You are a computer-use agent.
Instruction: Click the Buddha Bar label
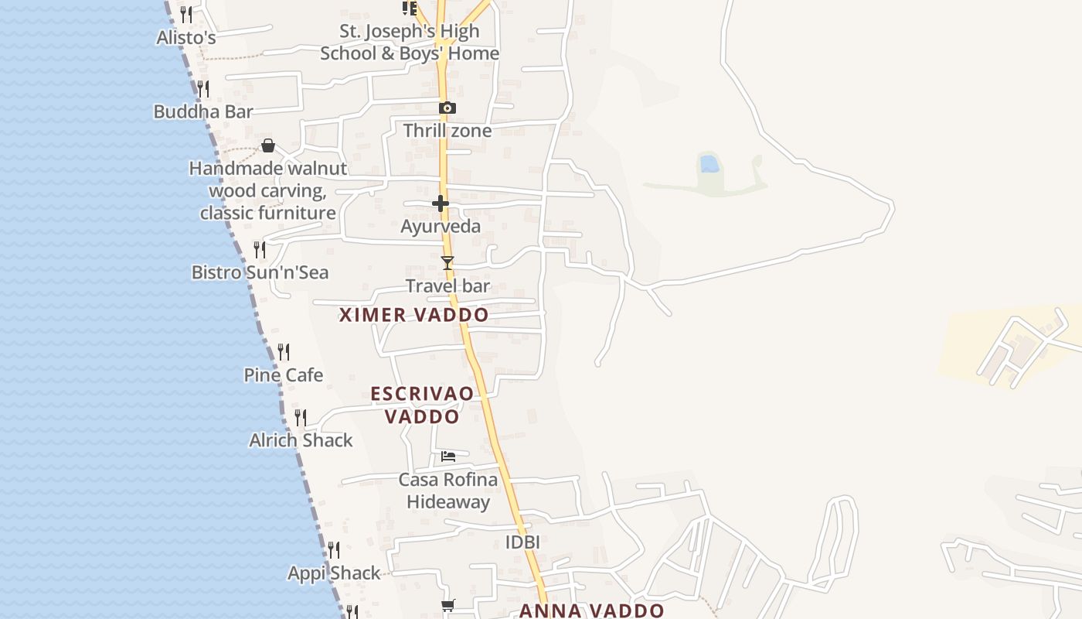pyautogui.click(x=203, y=111)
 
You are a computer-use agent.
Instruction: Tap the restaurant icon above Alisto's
pyautogui.click(x=185, y=14)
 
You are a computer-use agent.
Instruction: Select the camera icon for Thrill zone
pyautogui.click(x=447, y=108)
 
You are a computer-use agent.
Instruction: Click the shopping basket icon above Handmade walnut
pyautogui.click(x=268, y=145)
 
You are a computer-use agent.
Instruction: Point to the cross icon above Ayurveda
pyautogui.click(x=441, y=203)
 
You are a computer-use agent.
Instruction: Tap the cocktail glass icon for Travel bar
pyautogui.click(x=447, y=263)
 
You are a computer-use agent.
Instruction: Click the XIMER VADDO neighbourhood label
pyautogui.click(x=413, y=315)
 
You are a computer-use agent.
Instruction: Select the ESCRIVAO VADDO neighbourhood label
pyautogui.click(x=422, y=405)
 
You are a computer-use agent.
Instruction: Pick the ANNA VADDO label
pyautogui.click(x=591, y=610)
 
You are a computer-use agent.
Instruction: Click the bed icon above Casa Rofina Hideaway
pyautogui.click(x=448, y=457)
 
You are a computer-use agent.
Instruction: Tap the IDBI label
pyautogui.click(x=522, y=542)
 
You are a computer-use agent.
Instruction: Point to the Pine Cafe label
pyautogui.click(x=284, y=375)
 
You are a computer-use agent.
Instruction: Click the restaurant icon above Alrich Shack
pyautogui.click(x=301, y=418)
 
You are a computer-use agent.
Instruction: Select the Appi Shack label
pyautogui.click(x=334, y=573)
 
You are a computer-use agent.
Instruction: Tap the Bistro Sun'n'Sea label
pyautogui.click(x=260, y=272)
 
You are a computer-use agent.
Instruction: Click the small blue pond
pyautogui.click(x=709, y=163)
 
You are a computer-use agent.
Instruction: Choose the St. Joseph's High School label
pyautogui.click(x=410, y=43)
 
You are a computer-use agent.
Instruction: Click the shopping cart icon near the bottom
pyautogui.click(x=447, y=605)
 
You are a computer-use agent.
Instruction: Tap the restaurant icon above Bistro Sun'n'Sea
pyautogui.click(x=260, y=249)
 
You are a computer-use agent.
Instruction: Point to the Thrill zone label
pyautogui.click(x=447, y=131)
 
